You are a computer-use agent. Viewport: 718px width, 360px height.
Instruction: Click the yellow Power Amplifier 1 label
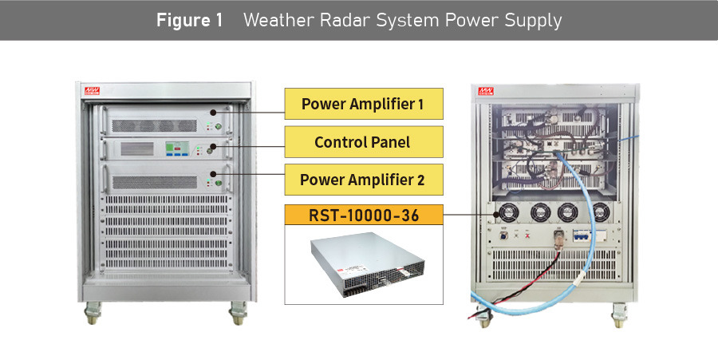[363, 104]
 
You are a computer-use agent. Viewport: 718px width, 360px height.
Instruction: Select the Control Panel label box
[363, 142]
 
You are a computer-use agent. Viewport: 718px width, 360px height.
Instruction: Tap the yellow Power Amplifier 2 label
[363, 180]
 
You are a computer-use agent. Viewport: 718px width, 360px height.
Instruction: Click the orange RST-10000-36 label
[363, 216]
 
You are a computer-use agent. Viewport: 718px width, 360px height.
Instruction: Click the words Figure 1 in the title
[189, 20]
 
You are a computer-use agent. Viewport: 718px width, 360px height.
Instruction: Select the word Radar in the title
[353, 20]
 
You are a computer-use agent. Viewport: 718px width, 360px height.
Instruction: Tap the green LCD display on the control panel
[177, 148]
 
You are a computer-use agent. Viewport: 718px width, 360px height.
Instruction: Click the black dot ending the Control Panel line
[212, 147]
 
